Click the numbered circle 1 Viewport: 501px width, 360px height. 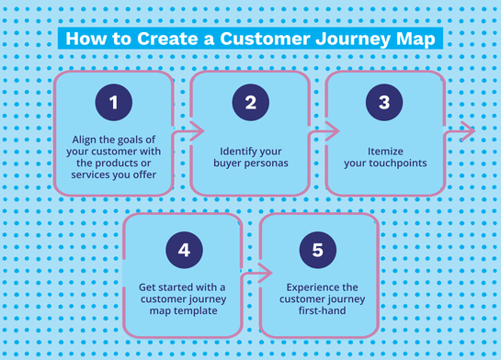(114, 104)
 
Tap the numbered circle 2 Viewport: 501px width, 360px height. (250, 104)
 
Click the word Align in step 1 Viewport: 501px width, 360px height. (87, 139)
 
